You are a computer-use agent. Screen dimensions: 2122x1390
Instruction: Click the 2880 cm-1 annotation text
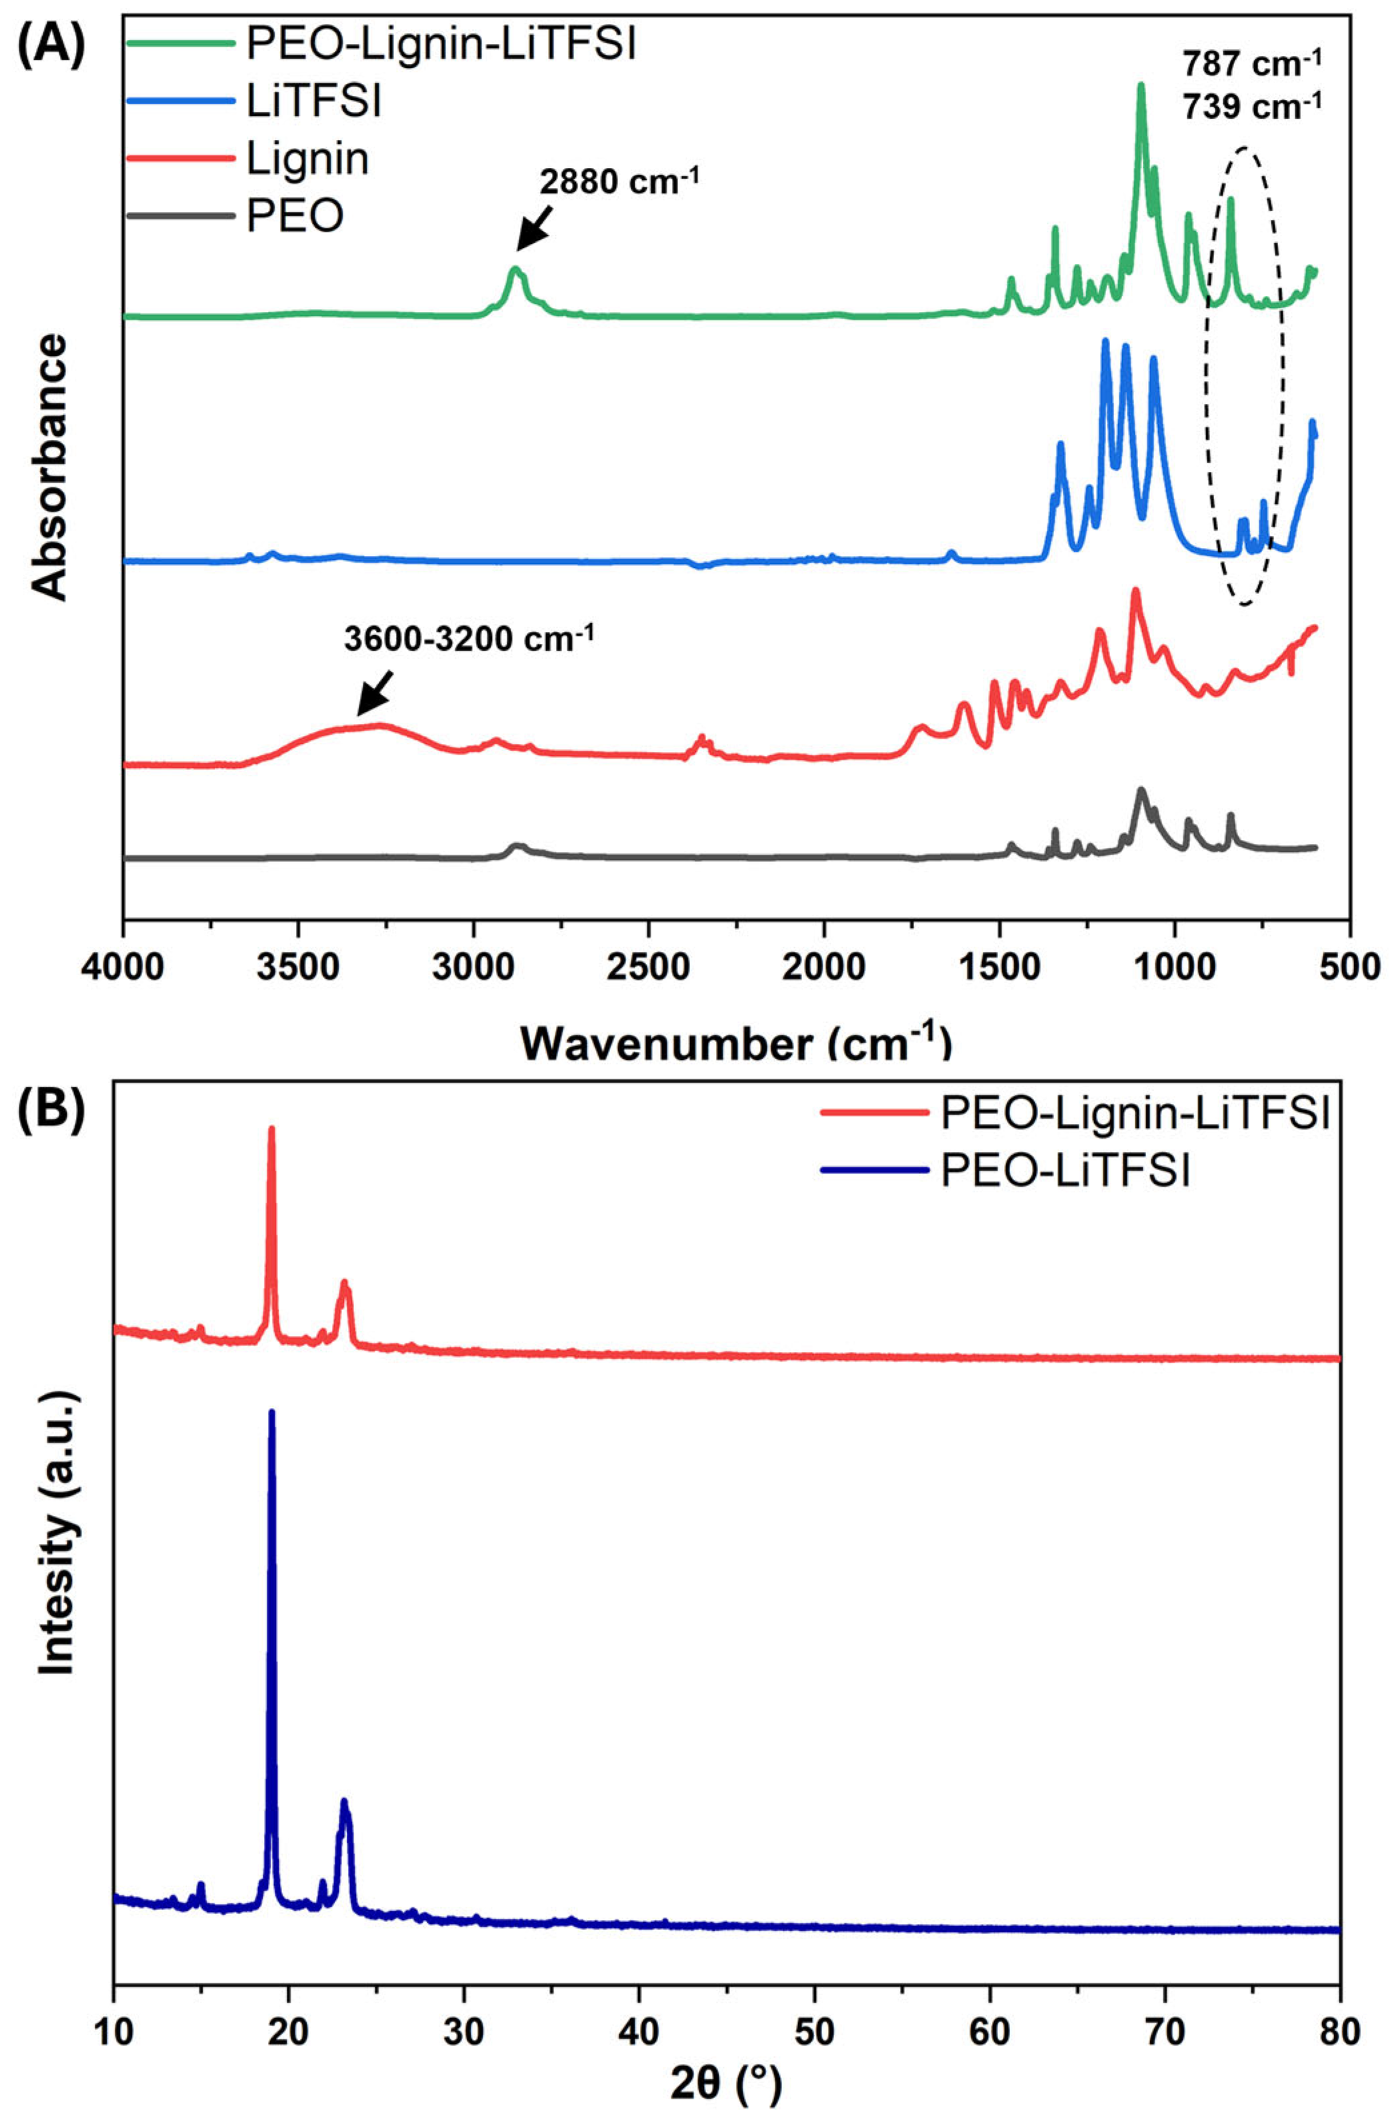[619, 181]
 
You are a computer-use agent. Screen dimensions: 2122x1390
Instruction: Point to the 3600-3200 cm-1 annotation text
[469, 640]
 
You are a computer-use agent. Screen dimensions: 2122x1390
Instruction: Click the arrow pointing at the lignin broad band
[375, 691]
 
